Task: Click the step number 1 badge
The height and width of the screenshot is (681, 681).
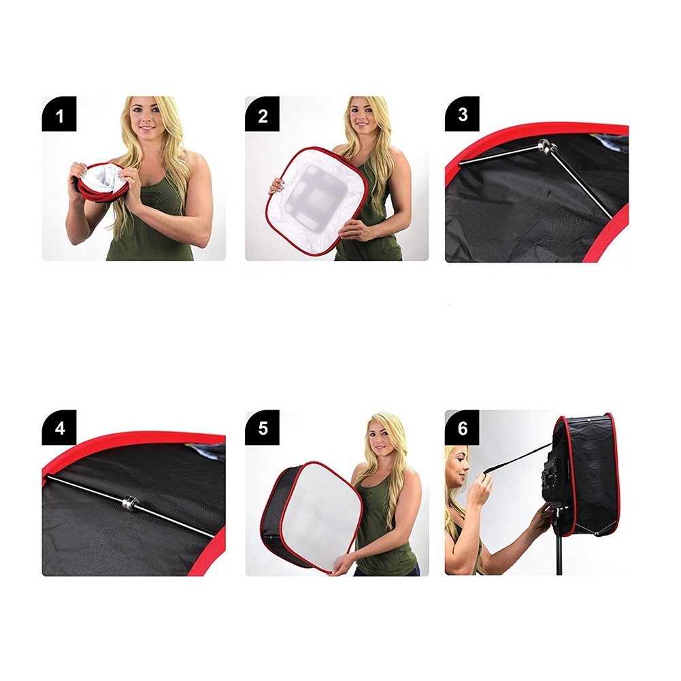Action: (x=59, y=114)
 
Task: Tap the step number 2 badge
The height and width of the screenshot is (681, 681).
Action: (x=263, y=114)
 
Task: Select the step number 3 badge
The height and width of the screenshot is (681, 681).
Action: (x=462, y=114)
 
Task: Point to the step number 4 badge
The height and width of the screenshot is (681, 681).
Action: (x=59, y=427)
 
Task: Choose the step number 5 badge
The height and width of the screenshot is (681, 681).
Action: (x=263, y=427)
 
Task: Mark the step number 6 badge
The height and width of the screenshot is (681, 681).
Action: (x=462, y=427)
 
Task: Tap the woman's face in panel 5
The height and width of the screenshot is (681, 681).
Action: (x=382, y=436)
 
